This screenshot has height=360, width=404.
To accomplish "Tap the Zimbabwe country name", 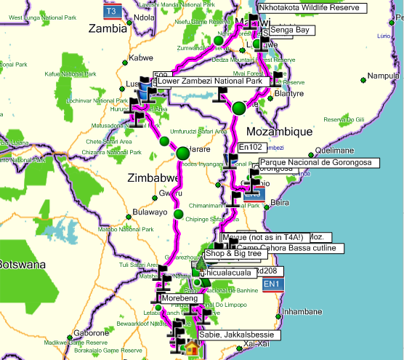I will (x=150, y=177).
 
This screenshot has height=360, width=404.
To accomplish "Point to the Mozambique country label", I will (x=279, y=132).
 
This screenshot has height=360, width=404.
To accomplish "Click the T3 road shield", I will (x=110, y=12).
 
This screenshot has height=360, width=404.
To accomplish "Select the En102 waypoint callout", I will (x=250, y=147).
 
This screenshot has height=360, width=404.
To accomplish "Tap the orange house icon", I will (x=192, y=348).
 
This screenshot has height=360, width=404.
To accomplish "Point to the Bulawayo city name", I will (x=151, y=213).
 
